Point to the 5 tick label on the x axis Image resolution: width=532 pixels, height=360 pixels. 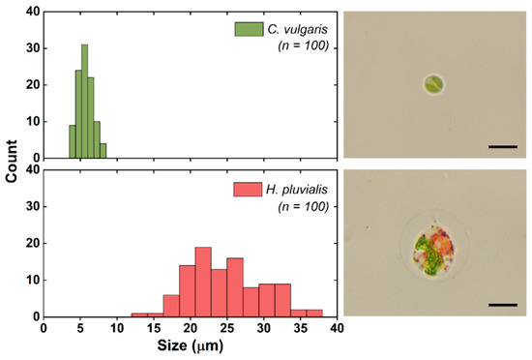pyautogui.click(x=80, y=328)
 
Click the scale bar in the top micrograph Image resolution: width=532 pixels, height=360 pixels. pyautogui.click(x=503, y=146)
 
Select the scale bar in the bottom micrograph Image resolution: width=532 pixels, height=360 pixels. pyautogui.click(x=503, y=304)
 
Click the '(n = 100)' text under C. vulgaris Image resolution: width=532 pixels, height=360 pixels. pyautogui.click(x=302, y=48)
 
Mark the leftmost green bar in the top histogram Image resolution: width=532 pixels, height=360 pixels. pyautogui.click(x=72, y=141)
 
